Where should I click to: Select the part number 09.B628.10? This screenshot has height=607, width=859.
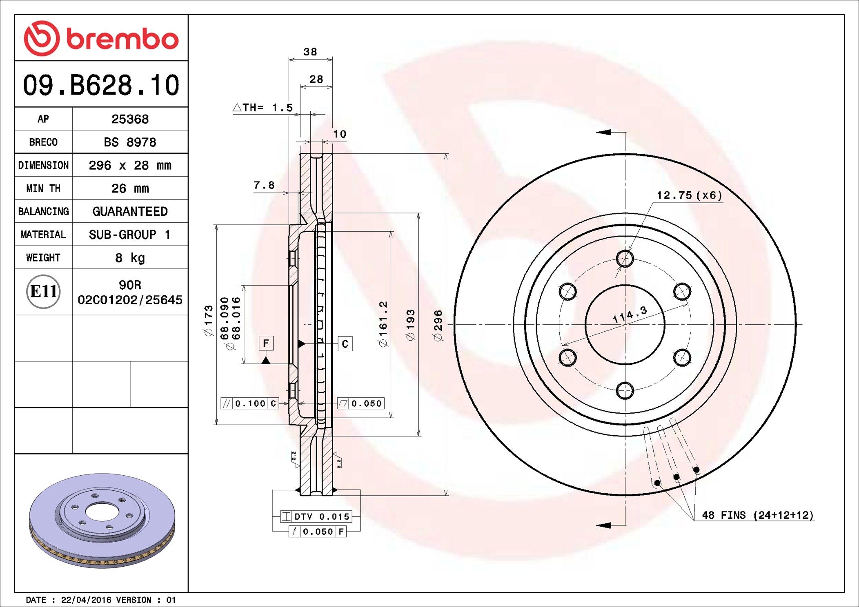coord(101,85)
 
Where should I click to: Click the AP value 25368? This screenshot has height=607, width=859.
coord(130,119)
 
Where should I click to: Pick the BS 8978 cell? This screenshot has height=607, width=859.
coord(130,142)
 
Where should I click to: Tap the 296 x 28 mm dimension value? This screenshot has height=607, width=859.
coord(130,165)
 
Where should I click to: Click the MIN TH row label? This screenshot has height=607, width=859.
coord(43,188)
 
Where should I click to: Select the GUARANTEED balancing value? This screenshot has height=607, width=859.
coord(130,211)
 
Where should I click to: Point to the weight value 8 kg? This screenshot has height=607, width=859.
coord(130,258)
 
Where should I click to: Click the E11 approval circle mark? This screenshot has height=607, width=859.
coord(43,292)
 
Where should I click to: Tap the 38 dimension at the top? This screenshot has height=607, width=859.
coord(310,52)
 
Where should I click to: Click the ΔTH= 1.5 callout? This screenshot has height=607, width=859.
coord(263,108)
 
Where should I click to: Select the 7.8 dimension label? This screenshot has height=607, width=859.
coord(264,186)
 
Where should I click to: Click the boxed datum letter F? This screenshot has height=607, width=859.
coord(266,343)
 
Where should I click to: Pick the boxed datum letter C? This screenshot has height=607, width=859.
coord(345,344)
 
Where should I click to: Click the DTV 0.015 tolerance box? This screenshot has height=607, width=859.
coord(316,516)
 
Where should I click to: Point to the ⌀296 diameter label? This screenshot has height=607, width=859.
coord(438,326)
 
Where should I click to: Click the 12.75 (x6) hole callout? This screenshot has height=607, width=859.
coord(689,195)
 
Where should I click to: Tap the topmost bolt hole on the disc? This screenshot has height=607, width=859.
coord(625,259)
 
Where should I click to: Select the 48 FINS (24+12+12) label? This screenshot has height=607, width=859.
coord(757,515)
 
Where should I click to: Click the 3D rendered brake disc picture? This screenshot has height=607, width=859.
coord(102,520)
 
